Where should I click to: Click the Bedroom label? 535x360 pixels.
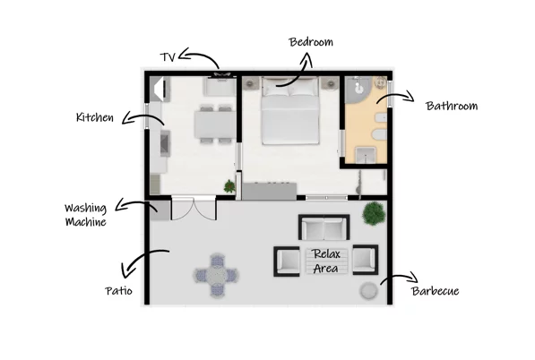tap(311, 42)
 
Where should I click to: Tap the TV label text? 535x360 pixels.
tap(168, 57)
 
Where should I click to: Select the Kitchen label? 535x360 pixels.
tap(94, 117)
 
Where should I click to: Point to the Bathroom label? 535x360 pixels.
tap(452, 106)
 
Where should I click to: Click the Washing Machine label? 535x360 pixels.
tap(86, 215)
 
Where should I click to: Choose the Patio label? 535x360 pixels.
tap(118, 291)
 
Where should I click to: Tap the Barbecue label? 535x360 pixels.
tap(435, 291)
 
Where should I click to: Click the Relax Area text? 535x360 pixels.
tap(326, 261)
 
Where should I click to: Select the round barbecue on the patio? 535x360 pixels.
tap(369, 291)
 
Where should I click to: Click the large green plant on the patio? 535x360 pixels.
tap(374, 213)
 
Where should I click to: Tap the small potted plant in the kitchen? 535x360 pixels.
tap(229, 186)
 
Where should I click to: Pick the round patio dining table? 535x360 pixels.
tap(216, 274)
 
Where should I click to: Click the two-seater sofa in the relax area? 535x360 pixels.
tap(324, 227)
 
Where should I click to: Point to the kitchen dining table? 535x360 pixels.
tap(215, 124)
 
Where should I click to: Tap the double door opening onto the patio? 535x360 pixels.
tap(194, 208)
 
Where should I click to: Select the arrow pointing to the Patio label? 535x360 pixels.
tap(140, 261)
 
